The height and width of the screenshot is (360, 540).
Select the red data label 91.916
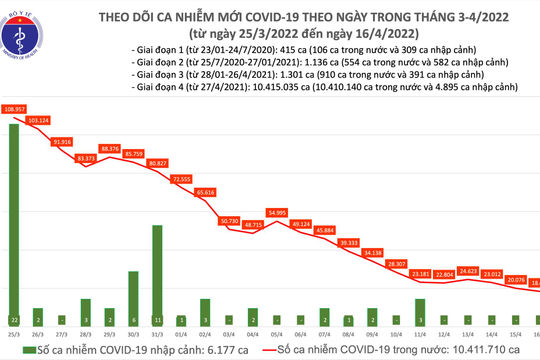pos(61,142)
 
